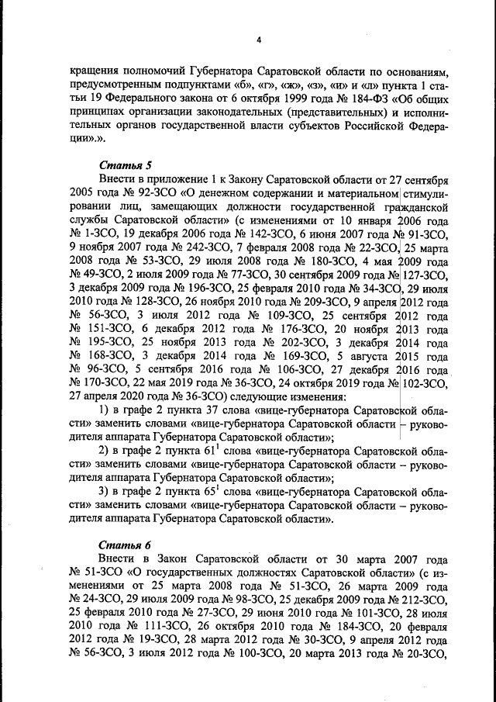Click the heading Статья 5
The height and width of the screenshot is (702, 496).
[x=121, y=165]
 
